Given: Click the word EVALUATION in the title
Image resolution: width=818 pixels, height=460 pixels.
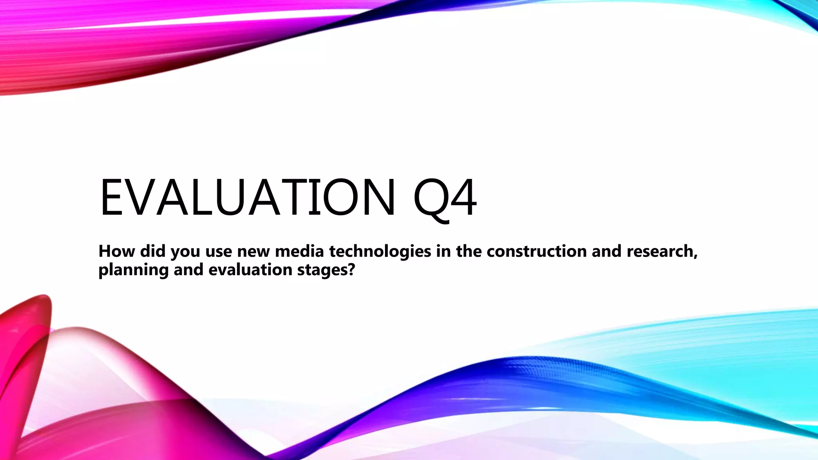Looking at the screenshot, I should [x=247, y=198].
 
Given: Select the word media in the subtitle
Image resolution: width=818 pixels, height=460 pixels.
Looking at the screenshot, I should [x=299, y=251].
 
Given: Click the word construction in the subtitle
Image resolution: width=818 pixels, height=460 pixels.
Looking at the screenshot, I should [x=536, y=251].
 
